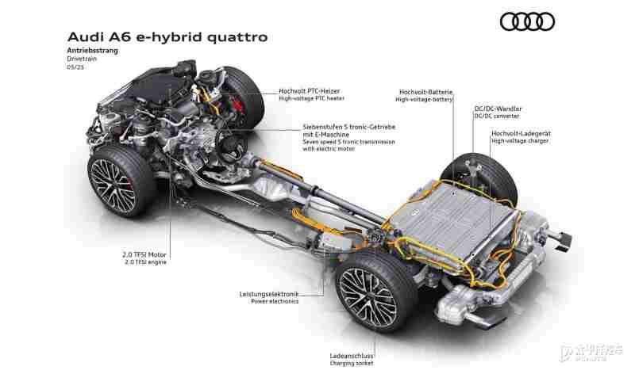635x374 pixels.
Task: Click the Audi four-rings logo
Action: click(527, 21)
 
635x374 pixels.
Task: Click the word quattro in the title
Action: click(237, 37)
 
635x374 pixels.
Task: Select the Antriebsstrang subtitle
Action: click(93, 51)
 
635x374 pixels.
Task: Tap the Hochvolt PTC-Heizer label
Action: click(310, 91)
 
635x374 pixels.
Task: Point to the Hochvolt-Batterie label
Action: click(425, 92)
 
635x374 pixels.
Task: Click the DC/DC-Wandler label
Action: click(498, 109)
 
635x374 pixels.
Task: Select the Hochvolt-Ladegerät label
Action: click(521, 133)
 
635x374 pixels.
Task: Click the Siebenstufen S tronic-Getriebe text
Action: click(349, 127)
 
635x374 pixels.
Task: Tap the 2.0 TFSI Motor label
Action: click(144, 254)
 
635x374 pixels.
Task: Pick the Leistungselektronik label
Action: click(269, 294)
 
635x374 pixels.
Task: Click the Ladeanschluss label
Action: click(352, 356)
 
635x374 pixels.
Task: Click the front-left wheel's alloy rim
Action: click(113, 185)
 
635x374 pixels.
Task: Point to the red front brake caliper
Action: click(237, 105)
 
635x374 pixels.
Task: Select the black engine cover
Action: click(155, 87)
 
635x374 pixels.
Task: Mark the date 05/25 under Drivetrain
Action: click(75, 67)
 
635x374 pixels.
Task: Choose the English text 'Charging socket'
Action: click(352, 364)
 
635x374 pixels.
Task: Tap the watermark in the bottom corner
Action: click(591, 353)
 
